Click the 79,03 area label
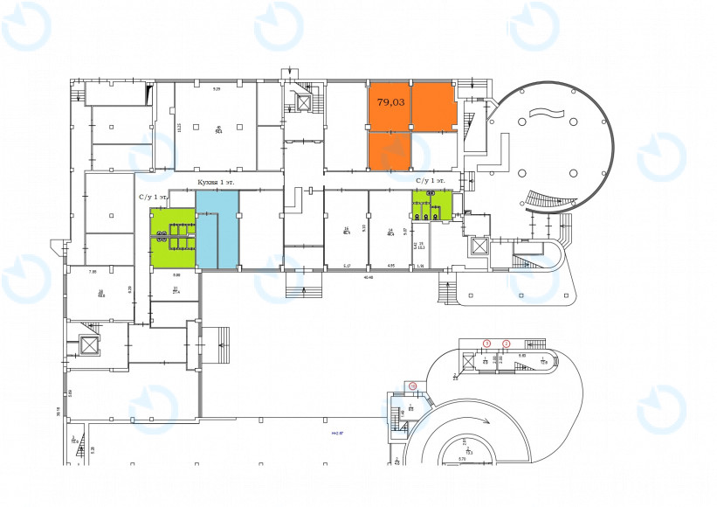(x=390, y=102)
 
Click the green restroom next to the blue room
(x=172, y=238)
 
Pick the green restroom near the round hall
(x=431, y=206)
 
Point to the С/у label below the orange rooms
(x=430, y=180)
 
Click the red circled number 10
(x=412, y=385)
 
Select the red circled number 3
(x=487, y=343)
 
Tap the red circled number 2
(x=506, y=343)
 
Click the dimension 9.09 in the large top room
(x=217, y=88)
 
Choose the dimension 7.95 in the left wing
(x=93, y=271)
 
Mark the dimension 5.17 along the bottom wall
(x=347, y=266)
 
